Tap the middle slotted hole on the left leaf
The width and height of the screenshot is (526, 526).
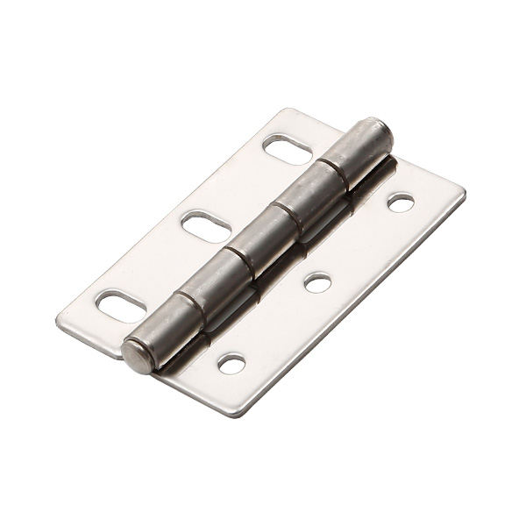click(206, 227)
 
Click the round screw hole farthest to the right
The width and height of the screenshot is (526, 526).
click(401, 203)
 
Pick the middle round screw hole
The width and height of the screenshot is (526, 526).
click(317, 282)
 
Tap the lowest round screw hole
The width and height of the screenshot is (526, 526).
click(232, 363)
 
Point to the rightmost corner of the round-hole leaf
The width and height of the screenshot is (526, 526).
click(464, 195)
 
